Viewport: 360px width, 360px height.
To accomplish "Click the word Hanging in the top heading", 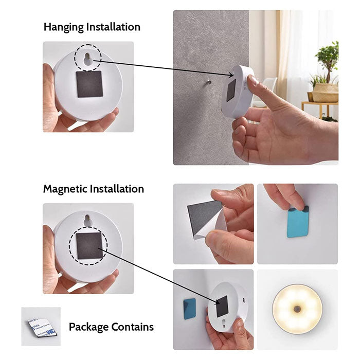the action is pos(64,27).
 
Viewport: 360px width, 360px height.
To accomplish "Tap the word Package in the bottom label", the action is pos(88,327).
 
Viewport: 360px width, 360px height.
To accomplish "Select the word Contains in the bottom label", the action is pos(133,327).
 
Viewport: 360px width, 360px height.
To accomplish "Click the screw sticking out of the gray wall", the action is pos(209,82).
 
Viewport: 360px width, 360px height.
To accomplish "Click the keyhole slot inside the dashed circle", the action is pos(88,59).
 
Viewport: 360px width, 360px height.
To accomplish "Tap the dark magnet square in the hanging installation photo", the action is pos(89,84).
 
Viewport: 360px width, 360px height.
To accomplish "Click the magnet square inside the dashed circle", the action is pos(89,246).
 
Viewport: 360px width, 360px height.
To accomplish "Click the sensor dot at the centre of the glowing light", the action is pos(297,309).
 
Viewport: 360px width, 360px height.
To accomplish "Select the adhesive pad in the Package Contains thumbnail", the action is pos(42,328).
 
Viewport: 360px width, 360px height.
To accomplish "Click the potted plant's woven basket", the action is pos(325,93).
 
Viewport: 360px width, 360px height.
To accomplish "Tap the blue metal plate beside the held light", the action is pos(190,309).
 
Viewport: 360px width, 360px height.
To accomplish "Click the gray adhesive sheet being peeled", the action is pos(203,215).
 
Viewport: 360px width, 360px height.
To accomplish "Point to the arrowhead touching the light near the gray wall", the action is pos(231,75).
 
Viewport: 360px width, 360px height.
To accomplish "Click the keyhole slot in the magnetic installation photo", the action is pos(88,221).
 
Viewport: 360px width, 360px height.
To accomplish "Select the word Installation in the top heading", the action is pos(113,27).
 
